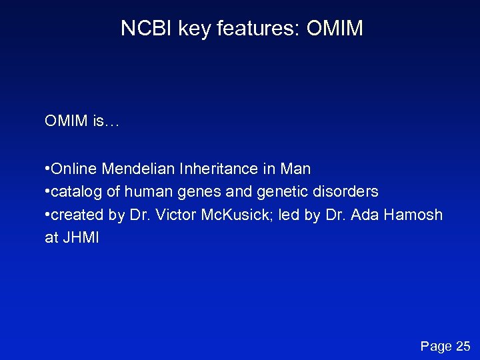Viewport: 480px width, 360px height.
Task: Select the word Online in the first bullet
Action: point(74,169)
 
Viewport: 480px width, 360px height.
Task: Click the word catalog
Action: point(77,192)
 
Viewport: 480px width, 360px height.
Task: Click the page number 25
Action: point(463,345)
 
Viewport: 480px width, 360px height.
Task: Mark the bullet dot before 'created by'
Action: point(47,215)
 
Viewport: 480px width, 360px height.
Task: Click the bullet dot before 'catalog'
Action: point(47,192)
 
